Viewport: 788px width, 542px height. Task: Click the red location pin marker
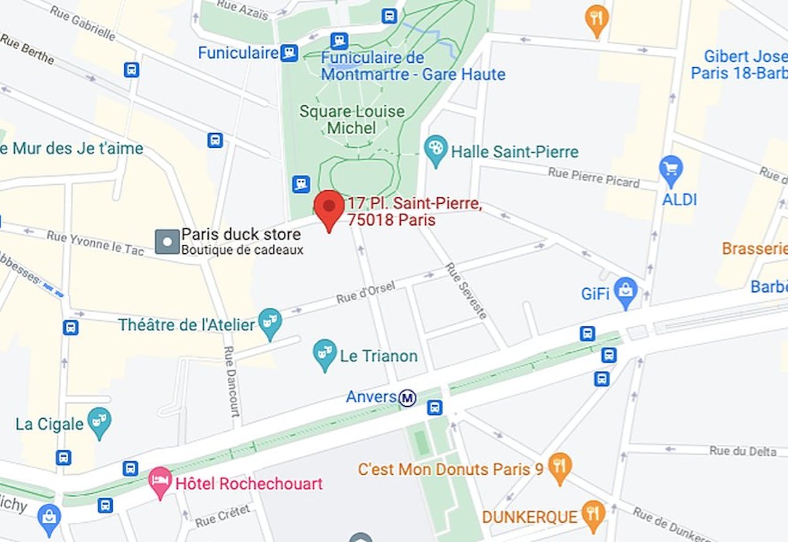(x=329, y=207)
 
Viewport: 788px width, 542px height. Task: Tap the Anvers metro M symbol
(x=407, y=398)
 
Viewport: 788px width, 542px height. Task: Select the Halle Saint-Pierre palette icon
(x=436, y=150)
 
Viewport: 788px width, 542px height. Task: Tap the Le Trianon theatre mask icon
(x=324, y=354)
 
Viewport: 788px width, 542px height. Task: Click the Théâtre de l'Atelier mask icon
(x=270, y=323)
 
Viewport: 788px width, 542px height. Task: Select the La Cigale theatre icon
(x=99, y=422)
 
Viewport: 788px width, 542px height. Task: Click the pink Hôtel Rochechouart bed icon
(x=160, y=482)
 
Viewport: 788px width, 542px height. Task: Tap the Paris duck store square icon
(x=167, y=241)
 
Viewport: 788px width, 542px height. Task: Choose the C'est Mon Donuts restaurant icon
(x=560, y=467)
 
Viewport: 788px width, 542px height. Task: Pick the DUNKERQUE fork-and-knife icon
(x=592, y=515)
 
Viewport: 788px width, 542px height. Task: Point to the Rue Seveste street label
(x=467, y=291)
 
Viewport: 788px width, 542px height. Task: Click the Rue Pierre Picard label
(x=594, y=177)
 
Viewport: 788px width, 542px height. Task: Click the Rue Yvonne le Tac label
(x=95, y=243)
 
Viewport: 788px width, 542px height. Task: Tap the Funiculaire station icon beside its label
(x=289, y=53)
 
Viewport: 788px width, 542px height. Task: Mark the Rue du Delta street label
(x=742, y=451)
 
